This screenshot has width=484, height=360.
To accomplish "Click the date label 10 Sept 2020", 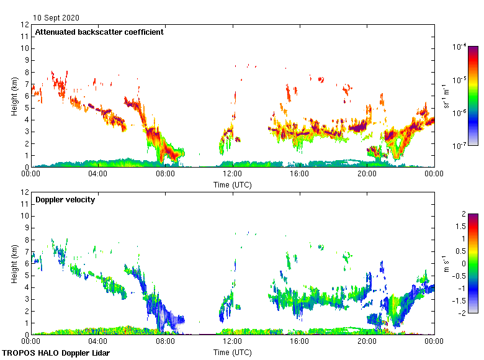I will click(56, 18).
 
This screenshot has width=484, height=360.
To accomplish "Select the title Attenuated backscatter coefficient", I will click(99, 32).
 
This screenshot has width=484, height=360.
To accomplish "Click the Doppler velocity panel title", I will click(65, 200).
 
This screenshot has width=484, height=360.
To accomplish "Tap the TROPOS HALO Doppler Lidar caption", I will click(56, 353).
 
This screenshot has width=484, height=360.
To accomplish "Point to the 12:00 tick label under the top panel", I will click(232, 174).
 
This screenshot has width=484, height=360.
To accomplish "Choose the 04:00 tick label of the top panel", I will click(98, 174).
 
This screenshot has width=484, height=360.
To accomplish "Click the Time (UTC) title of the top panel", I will click(232, 184).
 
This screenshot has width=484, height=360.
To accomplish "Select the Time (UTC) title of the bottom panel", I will click(232, 352).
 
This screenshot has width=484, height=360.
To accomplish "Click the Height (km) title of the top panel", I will click(14, 96).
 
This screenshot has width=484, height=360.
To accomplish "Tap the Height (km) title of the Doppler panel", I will click(14, 263).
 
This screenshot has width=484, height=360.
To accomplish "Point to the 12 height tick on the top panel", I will click(25, 25).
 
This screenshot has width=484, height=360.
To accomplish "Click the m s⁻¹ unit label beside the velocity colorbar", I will click(445, 263).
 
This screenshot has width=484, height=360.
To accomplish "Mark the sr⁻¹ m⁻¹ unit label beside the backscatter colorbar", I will click(445, 96).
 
